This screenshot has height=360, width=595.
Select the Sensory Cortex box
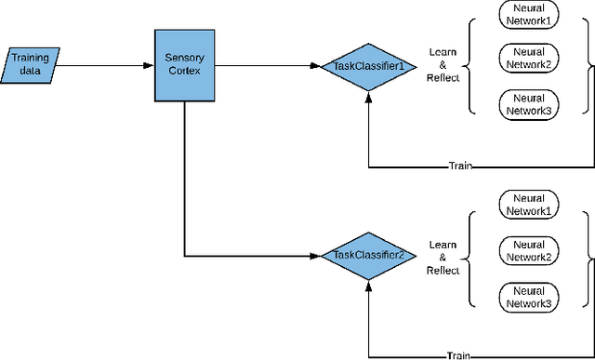pos(184,66)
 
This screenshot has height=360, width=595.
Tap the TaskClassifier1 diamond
pos(369,66)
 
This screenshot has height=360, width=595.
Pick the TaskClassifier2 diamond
pos(369,254)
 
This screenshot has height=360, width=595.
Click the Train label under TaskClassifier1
pos(458,167)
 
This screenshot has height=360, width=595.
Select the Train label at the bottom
pos(458,354)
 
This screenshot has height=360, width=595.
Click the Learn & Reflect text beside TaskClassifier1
pos(443,66)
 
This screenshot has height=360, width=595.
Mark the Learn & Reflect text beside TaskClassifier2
pos(443,258)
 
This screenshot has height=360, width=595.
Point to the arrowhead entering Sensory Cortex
pos(149,65)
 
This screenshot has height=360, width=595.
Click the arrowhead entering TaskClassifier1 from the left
pos(316,66)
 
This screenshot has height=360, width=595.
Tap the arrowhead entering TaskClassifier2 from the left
pos(316,254)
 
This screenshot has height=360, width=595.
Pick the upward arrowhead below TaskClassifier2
pos(369,283)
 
